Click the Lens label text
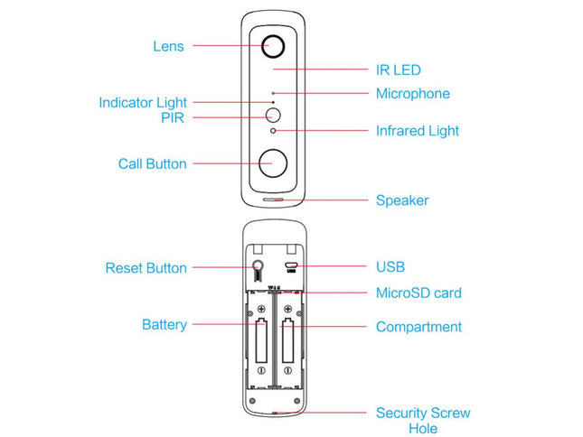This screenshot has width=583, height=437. point(168,46)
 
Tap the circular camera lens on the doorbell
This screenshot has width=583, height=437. point(274,46)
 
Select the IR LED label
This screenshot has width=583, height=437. point(398,70)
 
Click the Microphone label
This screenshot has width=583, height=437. point(412,94)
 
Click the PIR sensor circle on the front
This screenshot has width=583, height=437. point(273,116)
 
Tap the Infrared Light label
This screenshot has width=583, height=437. point(417,131)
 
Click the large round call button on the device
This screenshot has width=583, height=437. point(273,163)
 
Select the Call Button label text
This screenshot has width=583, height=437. point(152,164)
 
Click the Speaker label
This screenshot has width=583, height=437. point(401,200)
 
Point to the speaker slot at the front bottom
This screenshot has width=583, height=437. point(274,200)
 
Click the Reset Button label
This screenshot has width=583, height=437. point(146,268)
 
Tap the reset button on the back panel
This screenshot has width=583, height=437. point(259,266)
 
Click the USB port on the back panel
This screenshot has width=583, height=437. point(291,267)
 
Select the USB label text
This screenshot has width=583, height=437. point(390,267)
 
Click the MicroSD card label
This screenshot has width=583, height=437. point(418,293)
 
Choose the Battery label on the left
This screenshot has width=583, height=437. point(164,324)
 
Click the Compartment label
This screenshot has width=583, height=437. point(418,327)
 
